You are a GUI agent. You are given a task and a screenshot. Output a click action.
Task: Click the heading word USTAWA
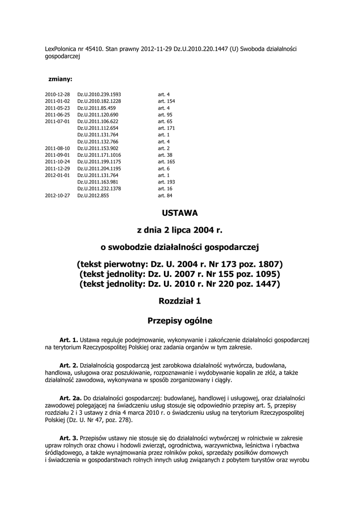(180, 213)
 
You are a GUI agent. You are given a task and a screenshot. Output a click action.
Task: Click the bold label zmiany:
(60, 79)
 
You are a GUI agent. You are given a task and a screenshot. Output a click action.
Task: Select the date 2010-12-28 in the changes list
(57, 94)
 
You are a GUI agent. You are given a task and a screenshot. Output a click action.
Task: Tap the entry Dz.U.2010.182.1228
(99, 101)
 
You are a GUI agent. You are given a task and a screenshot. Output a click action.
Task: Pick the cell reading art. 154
(166, 101)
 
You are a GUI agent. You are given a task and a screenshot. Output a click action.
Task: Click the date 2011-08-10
(57, 148)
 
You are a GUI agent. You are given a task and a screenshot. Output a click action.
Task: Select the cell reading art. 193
(166, 182)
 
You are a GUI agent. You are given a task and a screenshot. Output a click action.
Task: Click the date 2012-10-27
(57, 196)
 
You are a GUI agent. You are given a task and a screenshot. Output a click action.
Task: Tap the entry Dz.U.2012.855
(93, 196)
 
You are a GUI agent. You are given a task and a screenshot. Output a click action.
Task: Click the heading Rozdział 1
(180, 301)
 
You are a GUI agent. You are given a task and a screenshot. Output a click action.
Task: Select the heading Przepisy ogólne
(180, 321)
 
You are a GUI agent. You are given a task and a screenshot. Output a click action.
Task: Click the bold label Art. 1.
(69, 340)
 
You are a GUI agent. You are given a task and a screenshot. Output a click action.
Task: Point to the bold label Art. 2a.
(70, 398)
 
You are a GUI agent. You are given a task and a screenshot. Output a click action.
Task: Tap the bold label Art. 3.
(69, 438)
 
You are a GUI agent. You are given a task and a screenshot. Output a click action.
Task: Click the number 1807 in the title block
(270, 263)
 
